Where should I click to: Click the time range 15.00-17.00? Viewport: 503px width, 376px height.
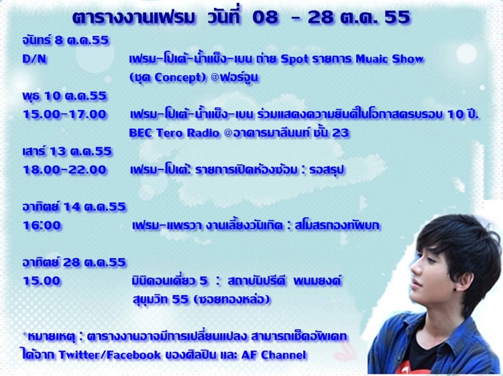click(64, 114)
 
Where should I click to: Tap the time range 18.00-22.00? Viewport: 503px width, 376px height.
click(64, 170)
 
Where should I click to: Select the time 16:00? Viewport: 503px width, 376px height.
click(42, 225)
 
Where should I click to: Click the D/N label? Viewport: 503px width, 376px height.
click(34, 59)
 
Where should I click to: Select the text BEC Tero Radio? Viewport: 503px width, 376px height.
click(174, 133)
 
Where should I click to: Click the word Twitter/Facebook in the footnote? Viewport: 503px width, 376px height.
click(110, 355)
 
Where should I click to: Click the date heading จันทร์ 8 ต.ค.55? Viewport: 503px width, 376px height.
click(66, 40)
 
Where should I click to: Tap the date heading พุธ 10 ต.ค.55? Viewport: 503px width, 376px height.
click(64, 96)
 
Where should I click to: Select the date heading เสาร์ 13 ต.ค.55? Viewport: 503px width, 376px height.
click(67, 151)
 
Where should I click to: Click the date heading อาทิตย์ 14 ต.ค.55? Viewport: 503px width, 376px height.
click(74, 206)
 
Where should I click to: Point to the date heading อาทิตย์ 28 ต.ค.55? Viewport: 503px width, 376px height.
click(74, 262)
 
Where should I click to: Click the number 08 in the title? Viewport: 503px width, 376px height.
click(265, 17)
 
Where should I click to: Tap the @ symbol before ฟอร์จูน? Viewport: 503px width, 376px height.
click(215, 78)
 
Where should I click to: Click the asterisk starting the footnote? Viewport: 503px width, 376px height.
click(25, 334)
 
